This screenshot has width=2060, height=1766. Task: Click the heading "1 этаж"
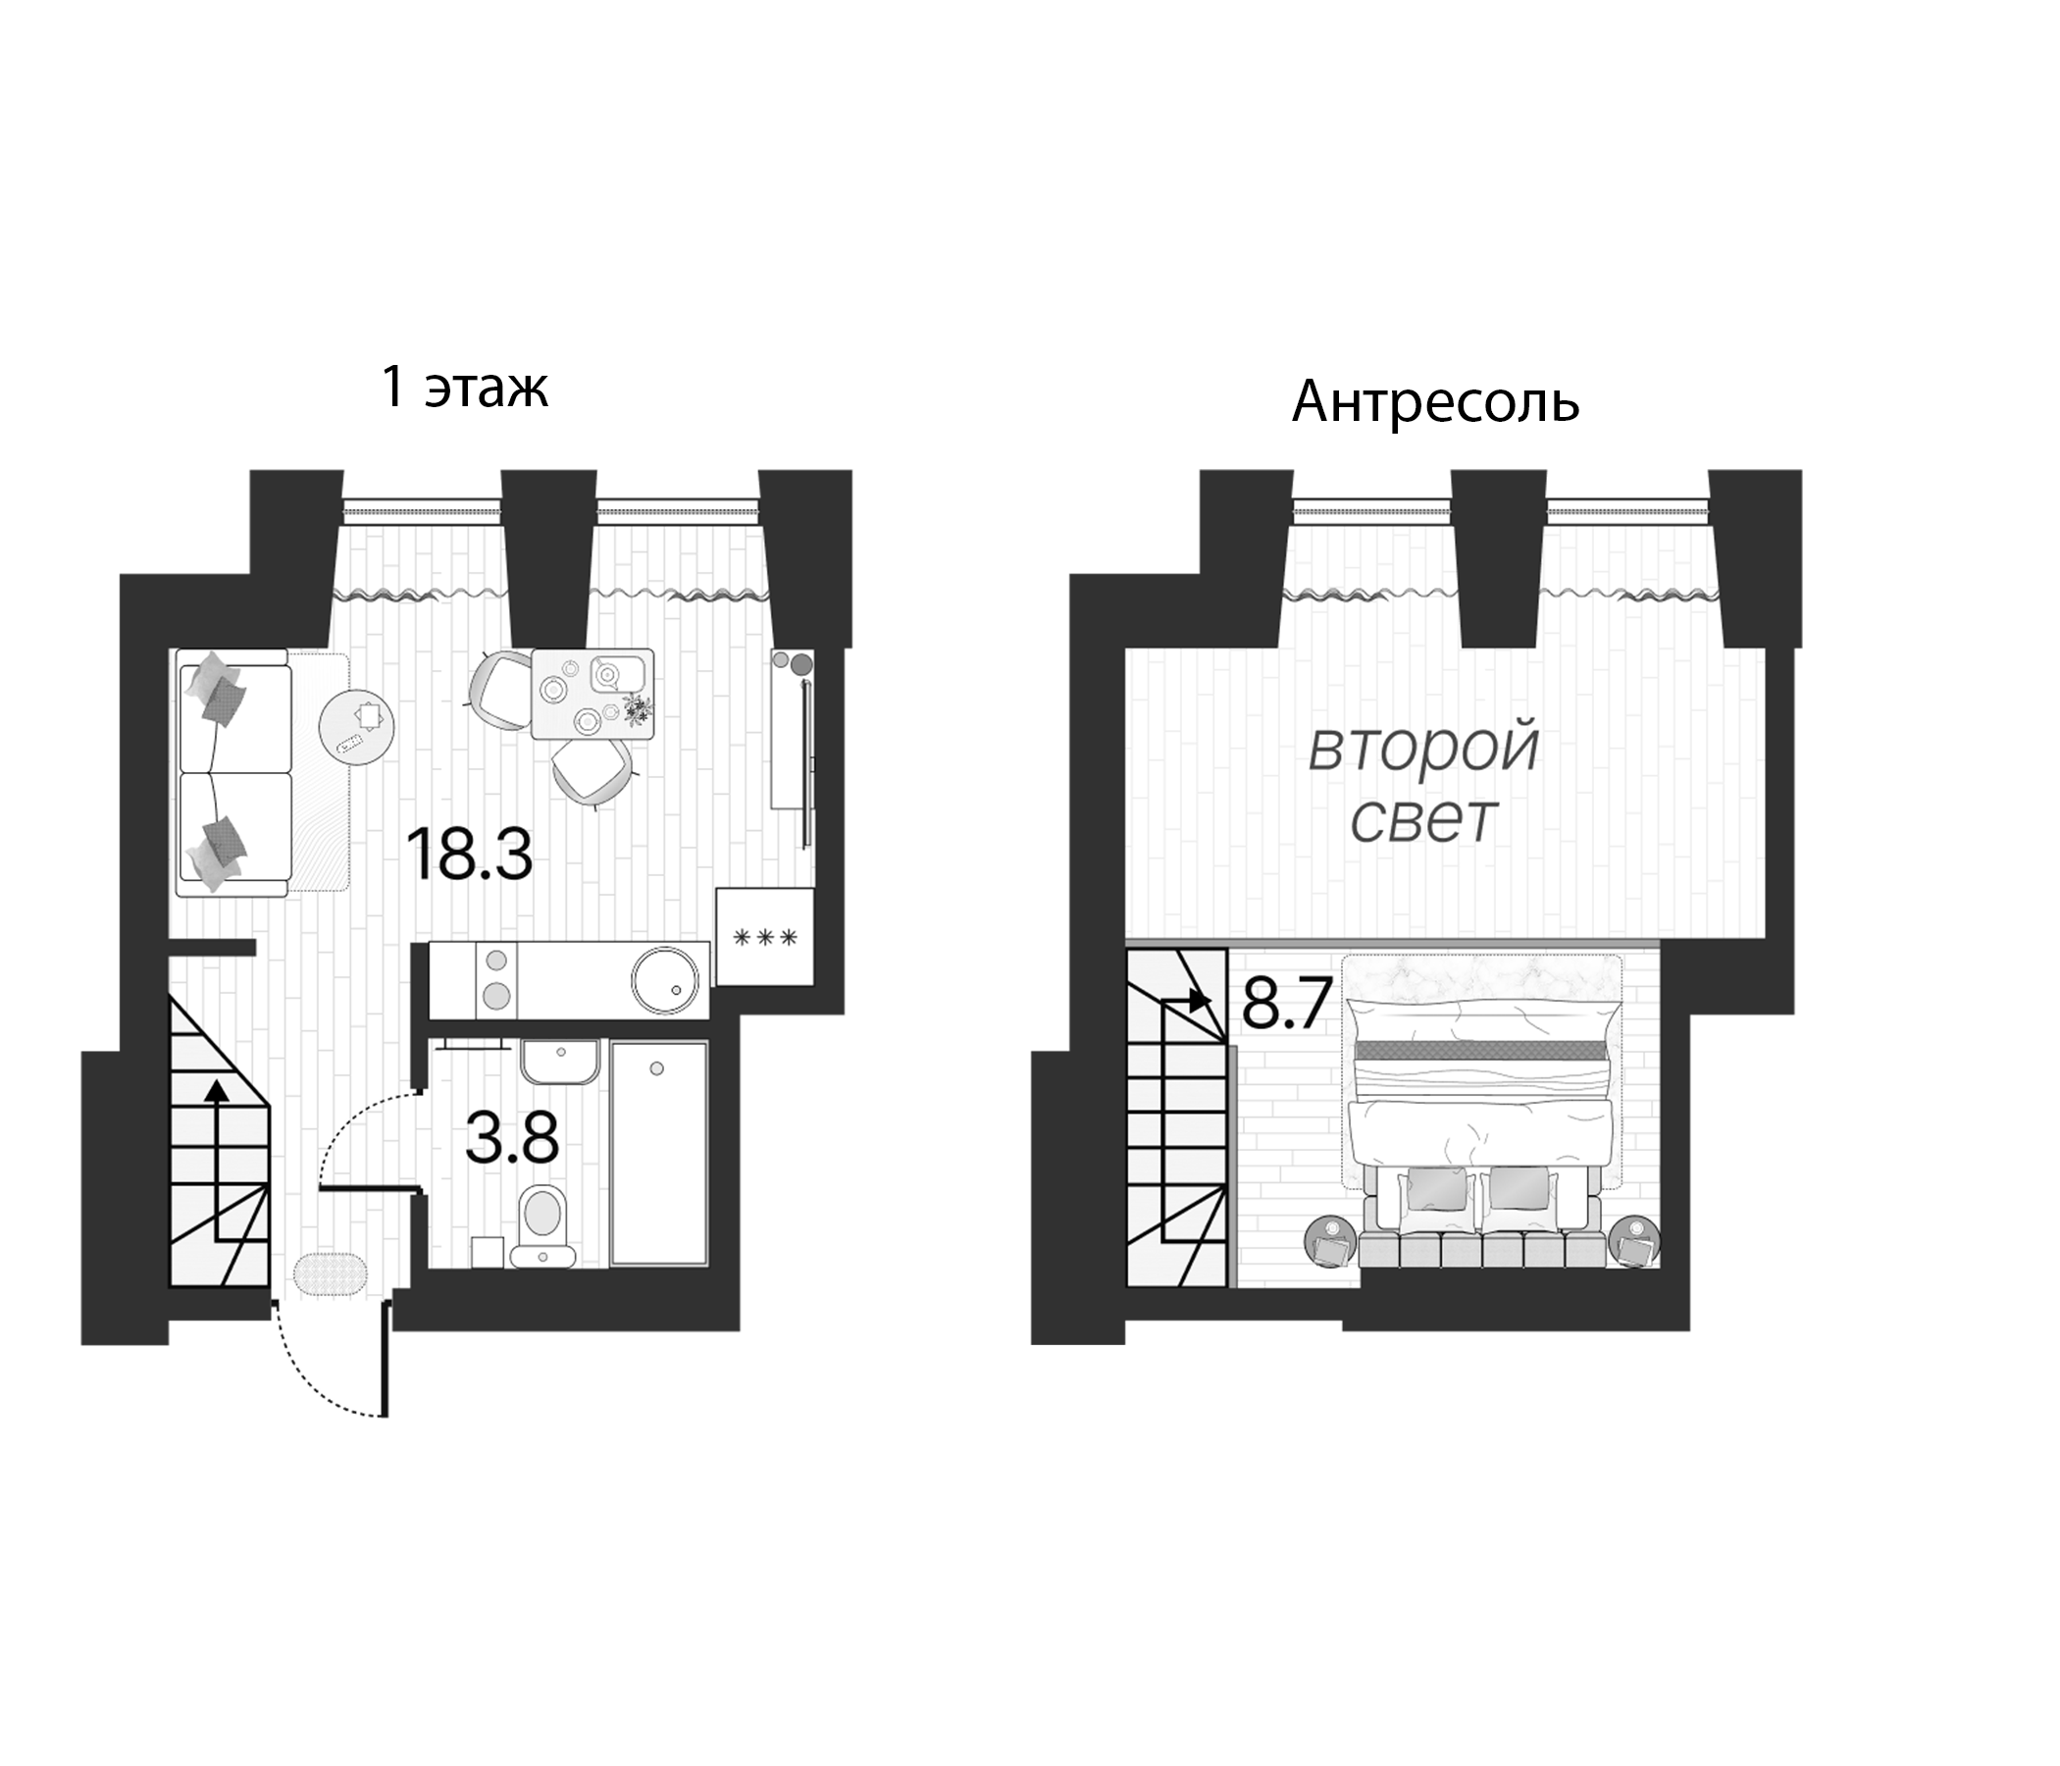coord(464,387)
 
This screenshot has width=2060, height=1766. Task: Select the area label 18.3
coord(469,856)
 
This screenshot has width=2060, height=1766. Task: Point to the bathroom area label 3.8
coord(512,1138)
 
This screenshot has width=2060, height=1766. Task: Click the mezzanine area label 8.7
coord(1286,1006)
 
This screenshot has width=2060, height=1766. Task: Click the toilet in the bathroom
coord(542,1224)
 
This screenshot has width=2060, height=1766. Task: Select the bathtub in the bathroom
coord(658,1153)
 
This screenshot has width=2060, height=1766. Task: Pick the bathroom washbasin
coord(560,1063)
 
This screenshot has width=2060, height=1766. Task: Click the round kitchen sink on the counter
coord(669,981)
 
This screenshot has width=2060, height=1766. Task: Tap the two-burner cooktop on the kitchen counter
coord(497,979)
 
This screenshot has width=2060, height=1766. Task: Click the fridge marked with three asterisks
coord(764,937)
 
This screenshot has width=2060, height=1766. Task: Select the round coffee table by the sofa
coord(356,726)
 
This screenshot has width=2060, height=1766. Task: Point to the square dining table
coord(592,694)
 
